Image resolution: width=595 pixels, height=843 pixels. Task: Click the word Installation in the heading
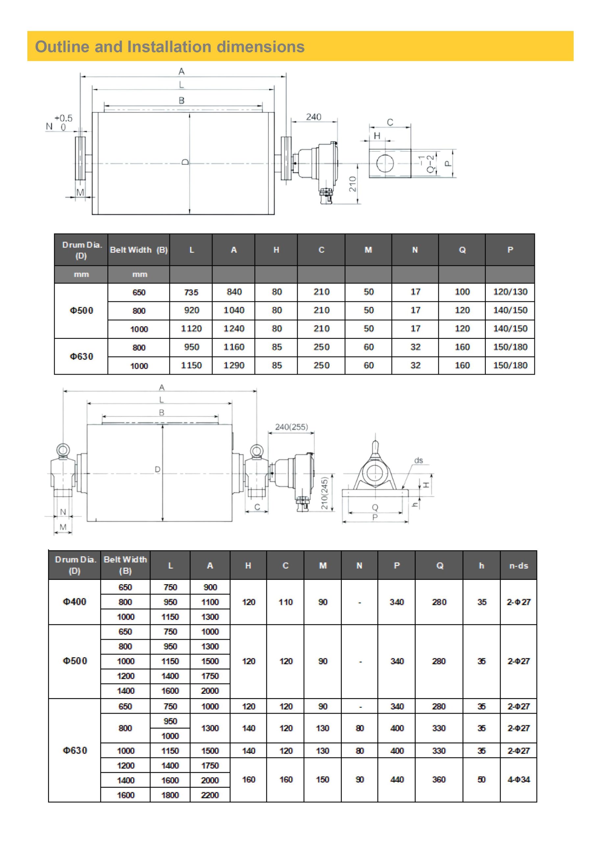click(x=169, y=47)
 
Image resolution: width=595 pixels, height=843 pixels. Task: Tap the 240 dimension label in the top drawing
click(x=314, y=117)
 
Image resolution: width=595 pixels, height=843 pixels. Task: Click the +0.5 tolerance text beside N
click(x=63, y=118)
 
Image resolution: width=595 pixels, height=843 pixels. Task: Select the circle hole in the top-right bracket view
click(x=385, y=163)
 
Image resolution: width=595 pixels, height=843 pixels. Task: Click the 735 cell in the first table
click(x=191, y=292)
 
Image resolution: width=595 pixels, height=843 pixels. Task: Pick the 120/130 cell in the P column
click(x=510, y=292)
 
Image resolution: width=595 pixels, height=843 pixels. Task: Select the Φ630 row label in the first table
click(x=82, y=356)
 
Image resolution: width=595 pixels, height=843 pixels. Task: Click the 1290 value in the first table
click(x=234, y=365)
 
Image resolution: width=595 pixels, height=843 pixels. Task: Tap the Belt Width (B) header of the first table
click(x=139, y=250)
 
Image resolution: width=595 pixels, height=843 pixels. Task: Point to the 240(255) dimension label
click(x=292, y=427)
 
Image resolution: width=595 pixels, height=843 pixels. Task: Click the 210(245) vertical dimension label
click(x=324, y=493)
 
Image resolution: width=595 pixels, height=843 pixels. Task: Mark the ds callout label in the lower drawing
click(x=419, y=460)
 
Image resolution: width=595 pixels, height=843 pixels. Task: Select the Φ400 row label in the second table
click(x=74, y=602)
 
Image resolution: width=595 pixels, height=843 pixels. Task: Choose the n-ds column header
click(x=518, y=566)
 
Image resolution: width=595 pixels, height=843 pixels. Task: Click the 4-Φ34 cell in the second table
click(x=518, y=779)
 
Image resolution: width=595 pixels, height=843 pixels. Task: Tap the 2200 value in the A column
click(x=210, y=795)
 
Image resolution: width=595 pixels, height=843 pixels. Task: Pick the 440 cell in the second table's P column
click(x=397, y=779)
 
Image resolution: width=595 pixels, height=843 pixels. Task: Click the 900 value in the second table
click(x=210, y=587)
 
